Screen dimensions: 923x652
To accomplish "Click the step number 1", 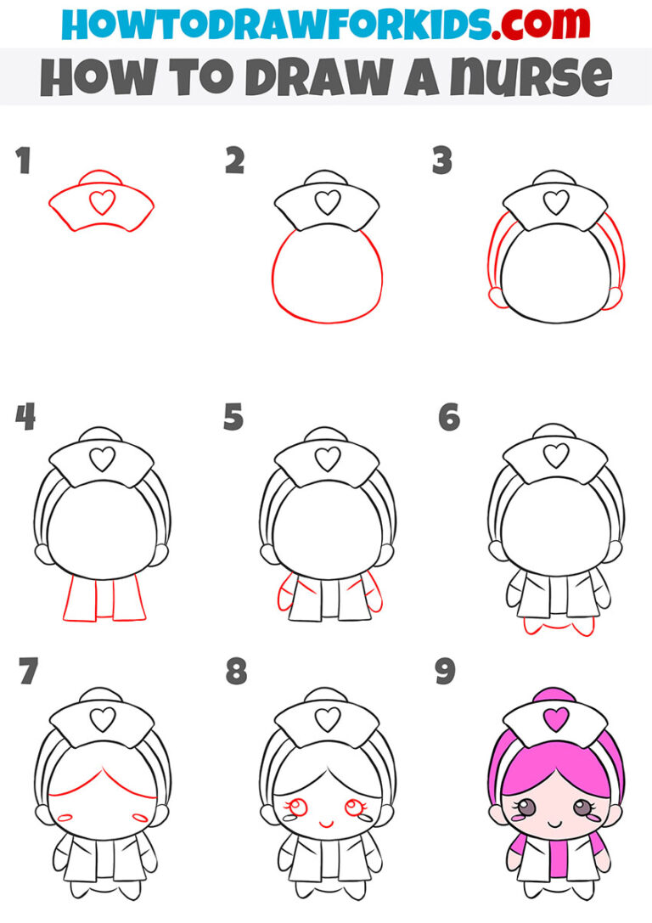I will (x=23, y=160).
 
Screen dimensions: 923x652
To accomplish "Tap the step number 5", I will (x=233, y=418).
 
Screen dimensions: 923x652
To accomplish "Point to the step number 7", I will (x=27, y=673).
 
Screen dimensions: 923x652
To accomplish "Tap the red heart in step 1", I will (x=102, y=202).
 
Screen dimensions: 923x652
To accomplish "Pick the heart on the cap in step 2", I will (x=328, y=202).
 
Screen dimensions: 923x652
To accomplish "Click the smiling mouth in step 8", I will (x=327, y=823).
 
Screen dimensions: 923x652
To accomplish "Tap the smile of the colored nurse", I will (x=556, y=823).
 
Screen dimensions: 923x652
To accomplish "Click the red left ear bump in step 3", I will (x=496, y=295).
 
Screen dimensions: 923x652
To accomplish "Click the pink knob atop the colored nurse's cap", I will (x=556, y=695).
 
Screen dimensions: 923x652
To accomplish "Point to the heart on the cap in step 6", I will (x=556, y=457).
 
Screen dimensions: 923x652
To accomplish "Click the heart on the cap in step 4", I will (x=102, y=460).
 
